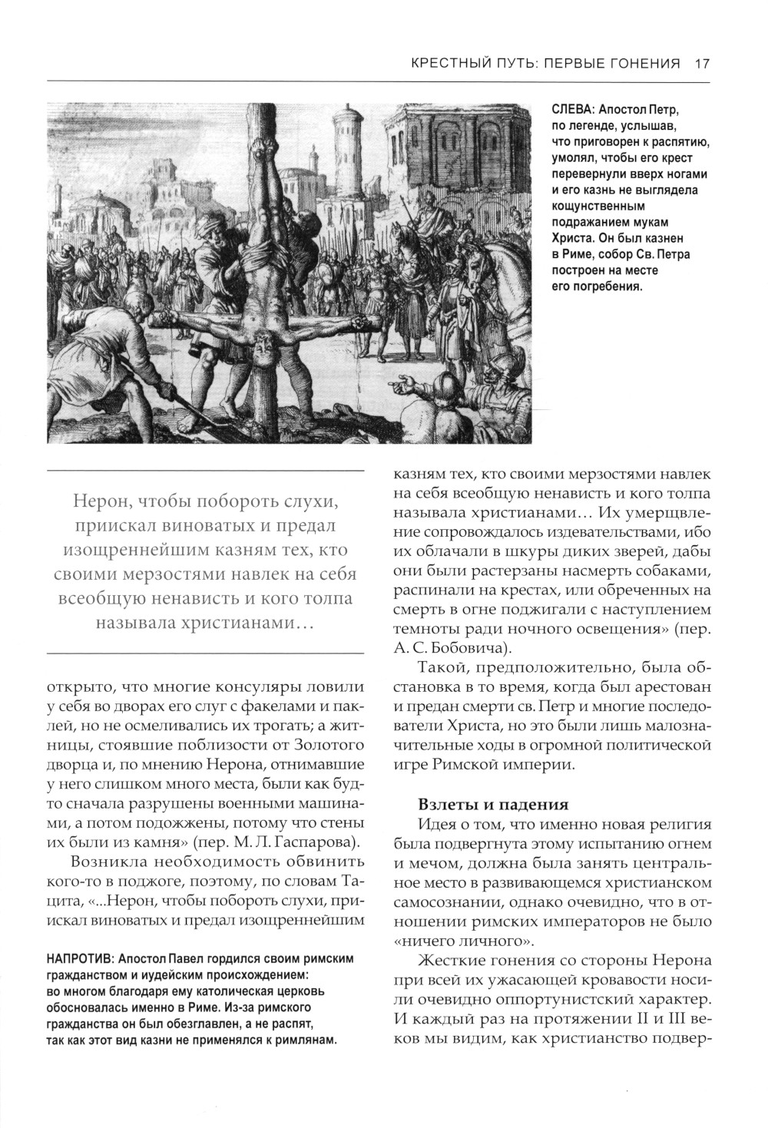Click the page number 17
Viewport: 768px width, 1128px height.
click(701, 64)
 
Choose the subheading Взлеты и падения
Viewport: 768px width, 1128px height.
click(493, 804)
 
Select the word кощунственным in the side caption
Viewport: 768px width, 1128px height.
click(599, 206)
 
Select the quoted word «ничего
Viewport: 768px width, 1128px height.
click(428, 941)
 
